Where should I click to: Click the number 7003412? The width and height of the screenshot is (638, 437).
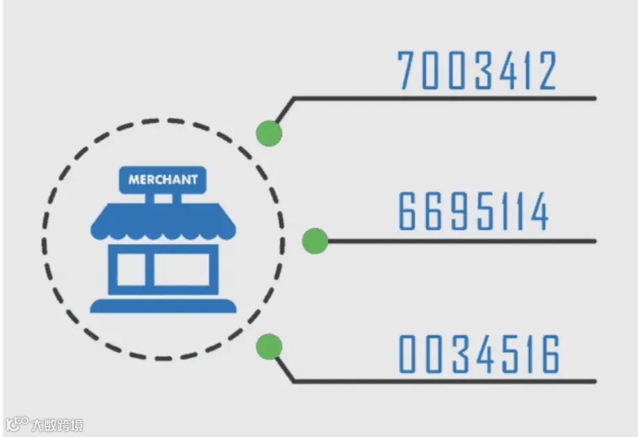coord(477,71)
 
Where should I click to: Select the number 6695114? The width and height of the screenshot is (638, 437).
coord(474,213)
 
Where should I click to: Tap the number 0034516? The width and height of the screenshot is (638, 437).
coord(479,355)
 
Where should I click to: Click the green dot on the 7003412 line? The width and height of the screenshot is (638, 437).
coord(268,133)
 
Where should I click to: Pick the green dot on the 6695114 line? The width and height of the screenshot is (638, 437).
coord(315,241)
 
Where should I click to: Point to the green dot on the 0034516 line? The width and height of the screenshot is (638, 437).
coord(269,345)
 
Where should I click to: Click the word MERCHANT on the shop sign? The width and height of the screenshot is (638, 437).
coord(163,179)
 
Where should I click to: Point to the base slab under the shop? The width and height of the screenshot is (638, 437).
coord(163,306)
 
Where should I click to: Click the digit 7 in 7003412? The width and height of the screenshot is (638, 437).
coord(408,71)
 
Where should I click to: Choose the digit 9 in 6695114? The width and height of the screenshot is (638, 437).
coord(454,213)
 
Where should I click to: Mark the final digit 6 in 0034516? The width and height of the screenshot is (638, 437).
coord(549,355)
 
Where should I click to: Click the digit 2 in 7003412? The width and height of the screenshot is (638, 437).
coord(546,71)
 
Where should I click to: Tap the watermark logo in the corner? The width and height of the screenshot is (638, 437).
coord(17,423)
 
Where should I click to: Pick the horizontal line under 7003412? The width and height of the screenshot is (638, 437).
coord(445,98)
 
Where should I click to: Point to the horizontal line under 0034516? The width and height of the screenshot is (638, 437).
coord(445,381)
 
